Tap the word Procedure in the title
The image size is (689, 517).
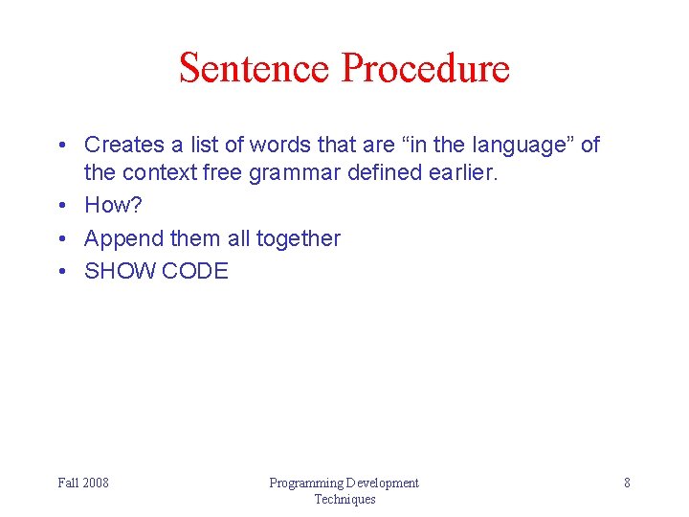tap(426, 68)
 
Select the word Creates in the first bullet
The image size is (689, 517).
tap(124, 145)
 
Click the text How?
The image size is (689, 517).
tap(113, 206)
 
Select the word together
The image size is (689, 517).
tap(298, 238)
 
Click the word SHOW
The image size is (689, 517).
tap(120, 271)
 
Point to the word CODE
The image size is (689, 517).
tap(195, 271)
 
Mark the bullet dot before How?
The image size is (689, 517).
tap(60, 206)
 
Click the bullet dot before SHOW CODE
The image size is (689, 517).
tap(60, 271)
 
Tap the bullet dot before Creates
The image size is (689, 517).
tap(60, 145)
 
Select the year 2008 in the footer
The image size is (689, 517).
tap(95, 483)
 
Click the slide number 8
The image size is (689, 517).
tap(627, 483)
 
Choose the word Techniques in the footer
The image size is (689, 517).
tap(344, 499)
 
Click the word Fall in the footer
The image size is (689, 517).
tap(68, 483)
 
